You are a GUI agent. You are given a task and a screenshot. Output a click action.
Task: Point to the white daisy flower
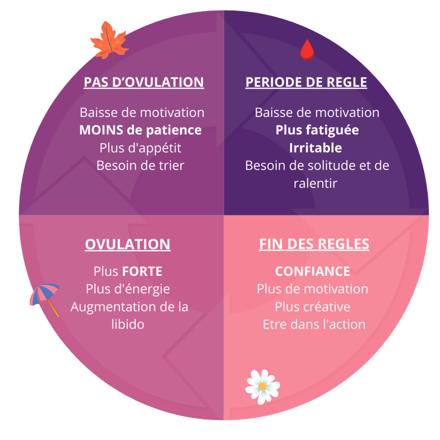(263, 386)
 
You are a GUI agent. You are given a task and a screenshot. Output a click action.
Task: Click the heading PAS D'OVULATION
(144, 82)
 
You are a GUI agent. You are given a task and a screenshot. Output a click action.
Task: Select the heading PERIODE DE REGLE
(306, 82)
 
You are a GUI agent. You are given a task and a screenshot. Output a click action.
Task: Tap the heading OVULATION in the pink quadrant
(128, 244)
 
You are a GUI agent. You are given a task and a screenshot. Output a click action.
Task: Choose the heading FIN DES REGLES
(314, 244)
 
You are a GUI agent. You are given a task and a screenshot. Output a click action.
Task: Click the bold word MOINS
(101, 130)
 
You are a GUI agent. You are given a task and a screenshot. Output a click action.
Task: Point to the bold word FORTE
(142, 272)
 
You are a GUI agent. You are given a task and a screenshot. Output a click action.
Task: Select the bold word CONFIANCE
(312, 272)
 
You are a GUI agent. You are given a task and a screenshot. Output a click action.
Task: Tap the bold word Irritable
(315, 148)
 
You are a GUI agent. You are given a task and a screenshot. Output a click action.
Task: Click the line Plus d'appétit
(141, 148)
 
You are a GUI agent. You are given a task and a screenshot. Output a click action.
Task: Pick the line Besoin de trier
(141, 165)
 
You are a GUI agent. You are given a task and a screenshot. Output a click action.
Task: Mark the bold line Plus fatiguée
(317, 130)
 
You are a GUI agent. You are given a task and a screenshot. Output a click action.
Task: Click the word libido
(128, 324)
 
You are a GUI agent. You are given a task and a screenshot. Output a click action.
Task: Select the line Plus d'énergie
(128, 289)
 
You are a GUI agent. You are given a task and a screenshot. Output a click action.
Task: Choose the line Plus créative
(312, 307)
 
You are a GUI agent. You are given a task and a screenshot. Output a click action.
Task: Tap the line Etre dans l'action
(314, 324)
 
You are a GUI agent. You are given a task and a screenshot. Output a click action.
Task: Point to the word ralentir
(315, 183)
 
